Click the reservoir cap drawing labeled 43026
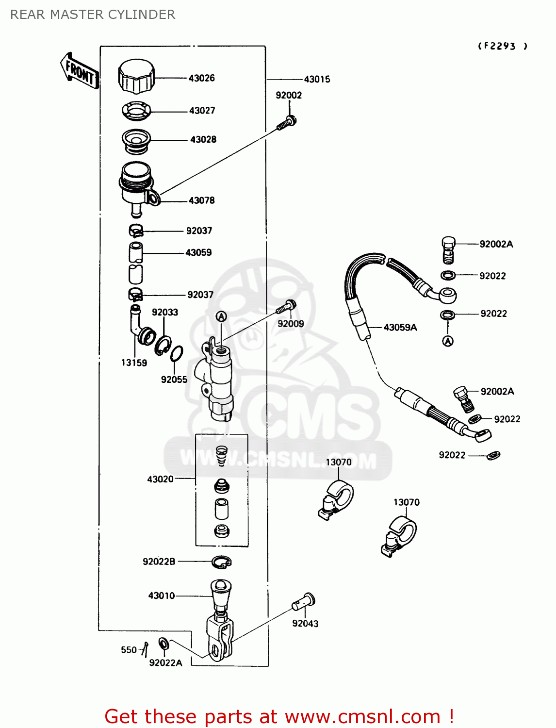pos(136,76)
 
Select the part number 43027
pos(202,111)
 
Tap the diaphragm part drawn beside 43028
pos(136,140)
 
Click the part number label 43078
pos(201,200)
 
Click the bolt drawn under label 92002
pos(287,123)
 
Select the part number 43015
pos(317,79)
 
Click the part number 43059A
pos(400,328)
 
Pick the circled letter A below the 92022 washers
pos(448,341)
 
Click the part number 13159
pos(134,363)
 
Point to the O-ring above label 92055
pos(177,354)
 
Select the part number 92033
pos(165,312)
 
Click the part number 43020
pos(160,479)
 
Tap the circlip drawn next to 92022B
pos(222,562)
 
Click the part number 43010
pos(162,596)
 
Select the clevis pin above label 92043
pos(304,602)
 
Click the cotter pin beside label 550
pos(145,648)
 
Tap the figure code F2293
pos(502,46)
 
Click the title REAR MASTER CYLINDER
pos(93,15)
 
